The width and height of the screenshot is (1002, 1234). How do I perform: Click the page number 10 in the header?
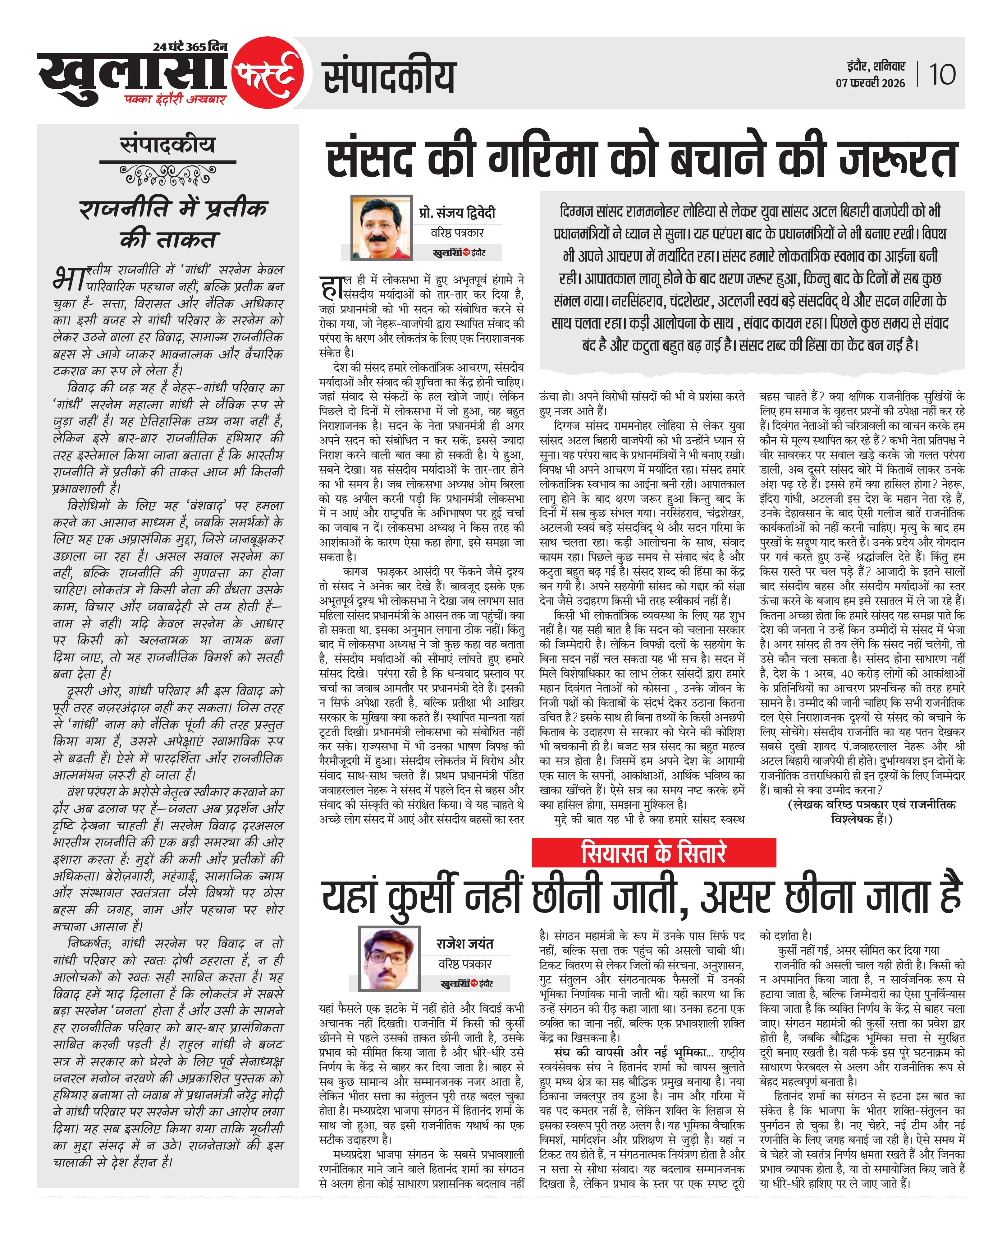click(942, 75)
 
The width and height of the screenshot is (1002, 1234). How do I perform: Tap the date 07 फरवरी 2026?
click(870, 83)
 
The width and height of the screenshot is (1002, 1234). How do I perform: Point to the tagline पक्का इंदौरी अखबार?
click(175, 99)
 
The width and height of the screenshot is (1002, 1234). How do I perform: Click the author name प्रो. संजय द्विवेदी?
click(457, 212)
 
